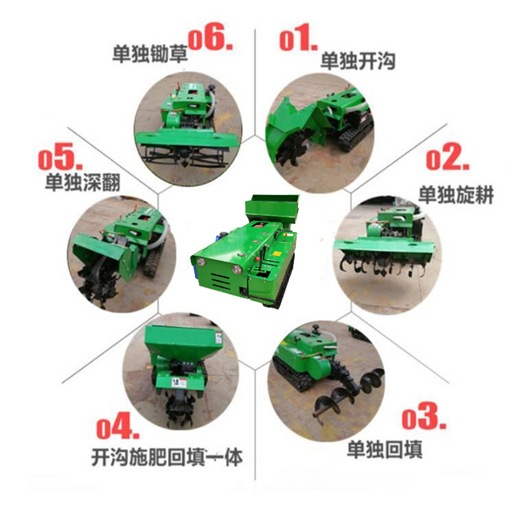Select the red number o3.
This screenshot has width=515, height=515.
pos(424,416)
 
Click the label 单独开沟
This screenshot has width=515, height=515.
pos(358,61)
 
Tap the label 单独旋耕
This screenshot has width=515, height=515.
pos(456,195)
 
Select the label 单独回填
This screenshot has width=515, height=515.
pos(384,449)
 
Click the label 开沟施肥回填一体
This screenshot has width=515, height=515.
pos(167,457)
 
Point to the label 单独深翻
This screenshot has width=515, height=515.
pos(83,182)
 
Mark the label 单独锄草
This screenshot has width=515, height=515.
pos(150,53)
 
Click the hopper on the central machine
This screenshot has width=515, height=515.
pos(272,209)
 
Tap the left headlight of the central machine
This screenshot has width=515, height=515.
pos(200,261)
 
